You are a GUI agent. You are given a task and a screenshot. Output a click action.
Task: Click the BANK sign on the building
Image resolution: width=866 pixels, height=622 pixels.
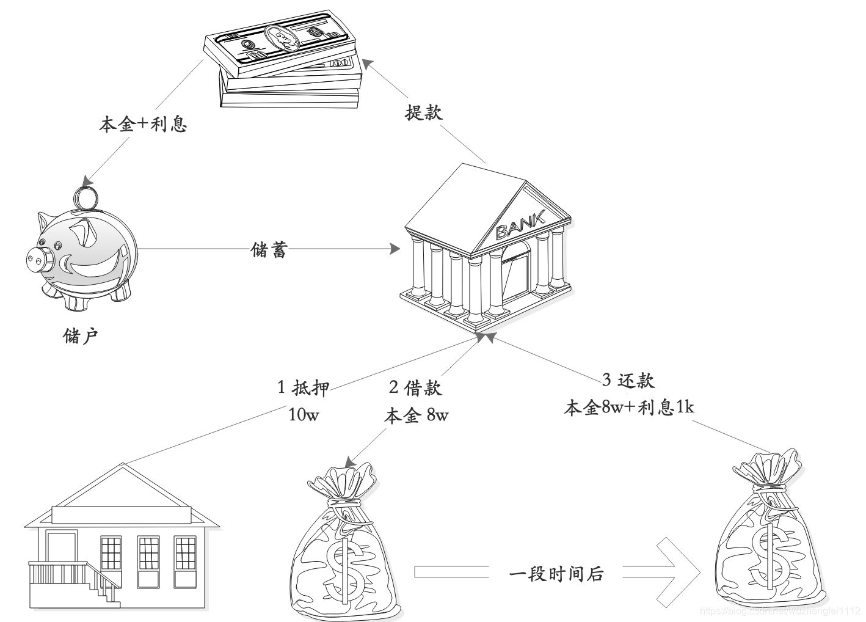520,224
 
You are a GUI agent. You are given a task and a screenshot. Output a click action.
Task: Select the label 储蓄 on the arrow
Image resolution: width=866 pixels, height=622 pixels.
269,249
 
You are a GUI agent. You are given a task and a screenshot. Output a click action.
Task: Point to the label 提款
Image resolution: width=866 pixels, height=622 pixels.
423,112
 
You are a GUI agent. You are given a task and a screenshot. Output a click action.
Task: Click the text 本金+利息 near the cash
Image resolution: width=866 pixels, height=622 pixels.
143,125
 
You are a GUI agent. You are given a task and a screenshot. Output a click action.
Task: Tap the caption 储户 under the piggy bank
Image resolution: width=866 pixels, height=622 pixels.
81,335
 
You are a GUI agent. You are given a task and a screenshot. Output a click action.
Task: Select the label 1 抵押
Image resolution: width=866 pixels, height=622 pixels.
304,387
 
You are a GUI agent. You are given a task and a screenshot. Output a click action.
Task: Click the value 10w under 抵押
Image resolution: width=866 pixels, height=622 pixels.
304,415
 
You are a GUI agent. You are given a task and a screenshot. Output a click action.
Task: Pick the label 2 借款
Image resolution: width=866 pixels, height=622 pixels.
415,387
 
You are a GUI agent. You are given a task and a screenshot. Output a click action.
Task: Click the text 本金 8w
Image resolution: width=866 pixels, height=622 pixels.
415,415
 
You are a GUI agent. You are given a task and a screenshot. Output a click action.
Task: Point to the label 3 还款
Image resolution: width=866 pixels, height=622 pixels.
628,380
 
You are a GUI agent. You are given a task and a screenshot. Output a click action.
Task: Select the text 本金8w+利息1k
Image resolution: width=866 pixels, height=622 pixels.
628,408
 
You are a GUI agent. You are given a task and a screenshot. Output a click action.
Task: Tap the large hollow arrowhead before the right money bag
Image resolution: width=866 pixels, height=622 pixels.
678,572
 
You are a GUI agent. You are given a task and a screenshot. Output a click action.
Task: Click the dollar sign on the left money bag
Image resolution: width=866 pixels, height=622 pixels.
342,565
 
